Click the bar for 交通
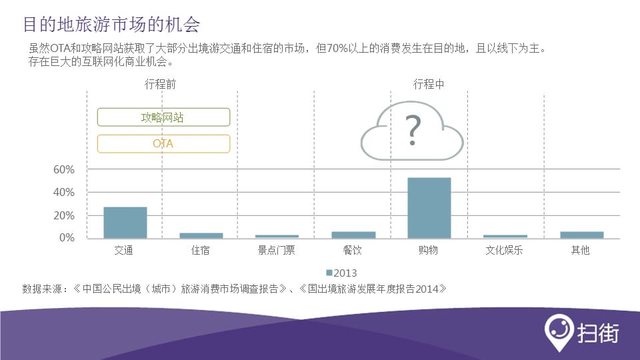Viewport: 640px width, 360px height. pyautogui.click(x=125, y=223)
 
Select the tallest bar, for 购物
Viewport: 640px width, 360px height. pyautogui.click(x=429, y=208)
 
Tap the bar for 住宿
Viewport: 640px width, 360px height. pyautogui.click(x=201, y=235)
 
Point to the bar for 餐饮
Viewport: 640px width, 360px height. pyautogui.click(x=353, y=235)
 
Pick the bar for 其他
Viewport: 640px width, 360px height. pyautogui.click(x=581, y=235)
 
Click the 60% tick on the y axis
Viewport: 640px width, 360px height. pyautogui.click(x=64, y=170)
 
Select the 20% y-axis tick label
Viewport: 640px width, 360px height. pyautogui.click(x=64, y=215)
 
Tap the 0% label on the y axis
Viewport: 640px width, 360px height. pyautogui.click(x=67, y=237)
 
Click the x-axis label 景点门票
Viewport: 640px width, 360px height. pyautogui.click(x=276, y=250)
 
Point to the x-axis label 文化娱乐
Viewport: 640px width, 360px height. pyautogui.click(x=504, y=250)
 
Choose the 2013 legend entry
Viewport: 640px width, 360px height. pyautogui.click(x=341, y=273)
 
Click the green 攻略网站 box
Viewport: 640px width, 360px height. pyautogui.click(x=164, y=117)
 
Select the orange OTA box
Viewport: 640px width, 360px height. pyautogui.click(x=164, y=144)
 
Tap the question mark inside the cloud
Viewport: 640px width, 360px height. pyautogui.click(x=413, y=130)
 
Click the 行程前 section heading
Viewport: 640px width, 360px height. pyautogui.click(x=161, y=84)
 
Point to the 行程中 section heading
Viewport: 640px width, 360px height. pyautogui.click(x=429, y=84)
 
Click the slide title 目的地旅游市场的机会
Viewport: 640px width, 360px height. pyautogui.click(x=111, y=25)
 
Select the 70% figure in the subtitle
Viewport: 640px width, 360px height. pyautogui.click(x=337, y=49)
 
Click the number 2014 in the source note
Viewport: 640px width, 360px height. pyautogui.click(x=427, y=289)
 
